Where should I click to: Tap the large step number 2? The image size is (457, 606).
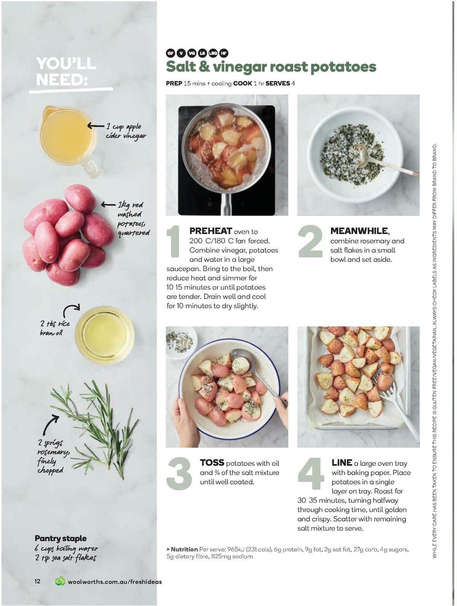pos(310,242)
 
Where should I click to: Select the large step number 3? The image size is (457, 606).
pos(179,473)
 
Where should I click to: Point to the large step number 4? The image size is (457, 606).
pos(311,473)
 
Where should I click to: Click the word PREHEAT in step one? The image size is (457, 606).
pos(211,231)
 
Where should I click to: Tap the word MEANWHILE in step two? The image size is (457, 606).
pos(359,231)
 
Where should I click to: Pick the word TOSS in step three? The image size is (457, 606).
pos(212,463)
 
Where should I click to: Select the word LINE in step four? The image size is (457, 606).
pos(342,463)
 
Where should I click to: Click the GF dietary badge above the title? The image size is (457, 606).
pos(171,53)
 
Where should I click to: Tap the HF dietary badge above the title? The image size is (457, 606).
pos(224,53)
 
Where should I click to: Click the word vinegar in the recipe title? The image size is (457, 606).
pos(240,67)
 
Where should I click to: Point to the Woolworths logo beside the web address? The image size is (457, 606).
pos(60,581)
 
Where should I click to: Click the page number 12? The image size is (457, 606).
pos(37,581)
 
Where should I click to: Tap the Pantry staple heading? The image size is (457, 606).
pos(61,539)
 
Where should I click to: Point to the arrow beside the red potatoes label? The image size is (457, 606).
pos(108,205)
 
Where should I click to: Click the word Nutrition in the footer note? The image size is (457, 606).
pos(184,549)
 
